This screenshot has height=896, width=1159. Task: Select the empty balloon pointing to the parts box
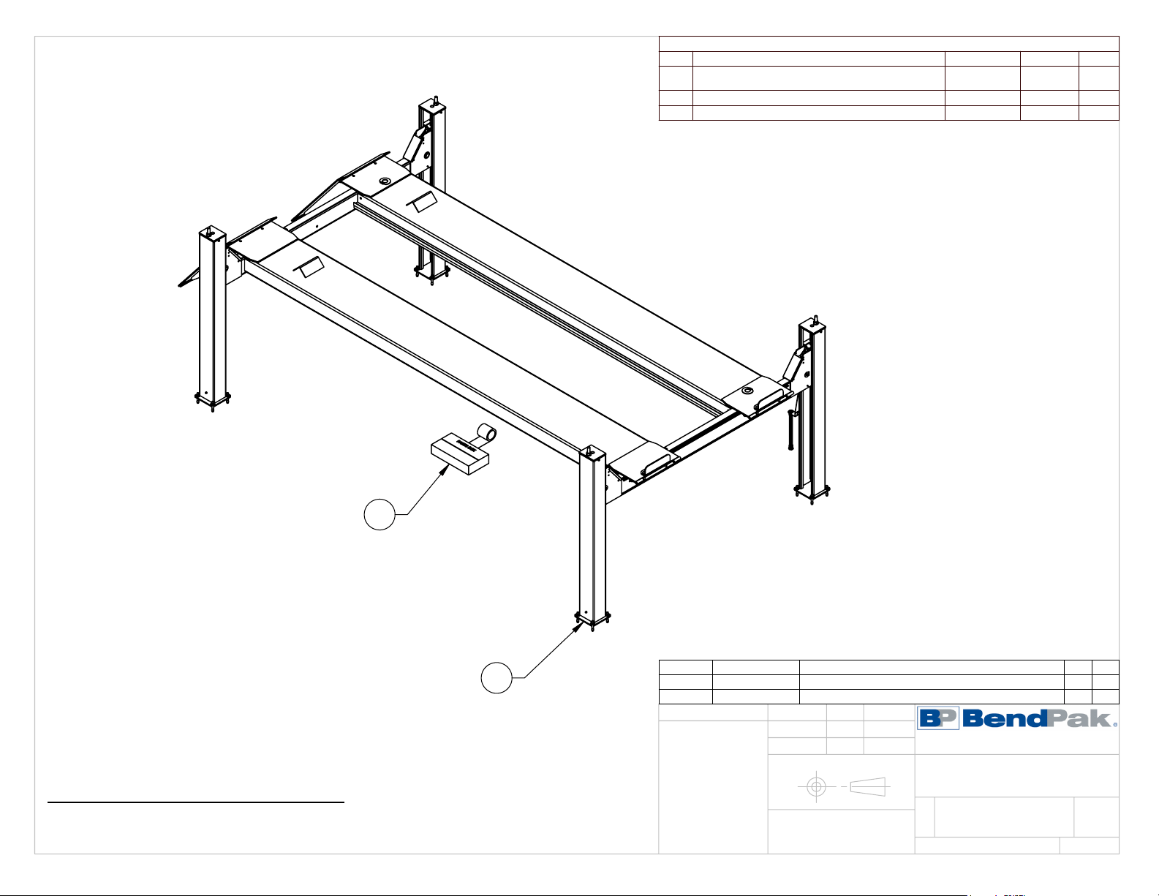[x=380, y=515]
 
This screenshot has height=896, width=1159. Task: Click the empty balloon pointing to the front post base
[x=496, y=678]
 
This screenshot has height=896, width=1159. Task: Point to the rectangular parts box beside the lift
[x=458, y=455]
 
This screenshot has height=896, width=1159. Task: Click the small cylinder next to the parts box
[x=487, y=433]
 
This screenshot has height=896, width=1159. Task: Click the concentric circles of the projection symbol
[x=816, y=787]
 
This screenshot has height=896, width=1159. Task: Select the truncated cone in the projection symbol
[x=869, y=786]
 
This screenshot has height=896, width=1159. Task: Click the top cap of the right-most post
[x=813, y=323]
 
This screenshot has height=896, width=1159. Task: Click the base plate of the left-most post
[x=212, y=399]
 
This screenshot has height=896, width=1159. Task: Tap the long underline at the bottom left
[x=196, y=802]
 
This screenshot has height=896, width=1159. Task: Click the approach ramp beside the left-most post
[x=193, y=277]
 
